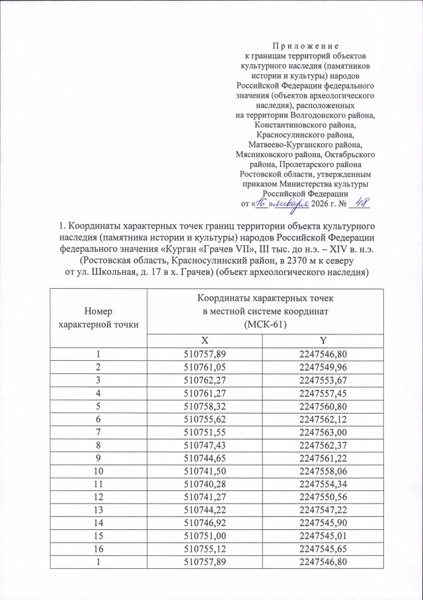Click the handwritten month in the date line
coord(291,204)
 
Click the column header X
coord(205,339)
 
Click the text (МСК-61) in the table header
coord(263,323)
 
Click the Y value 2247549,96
coord(322,367)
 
